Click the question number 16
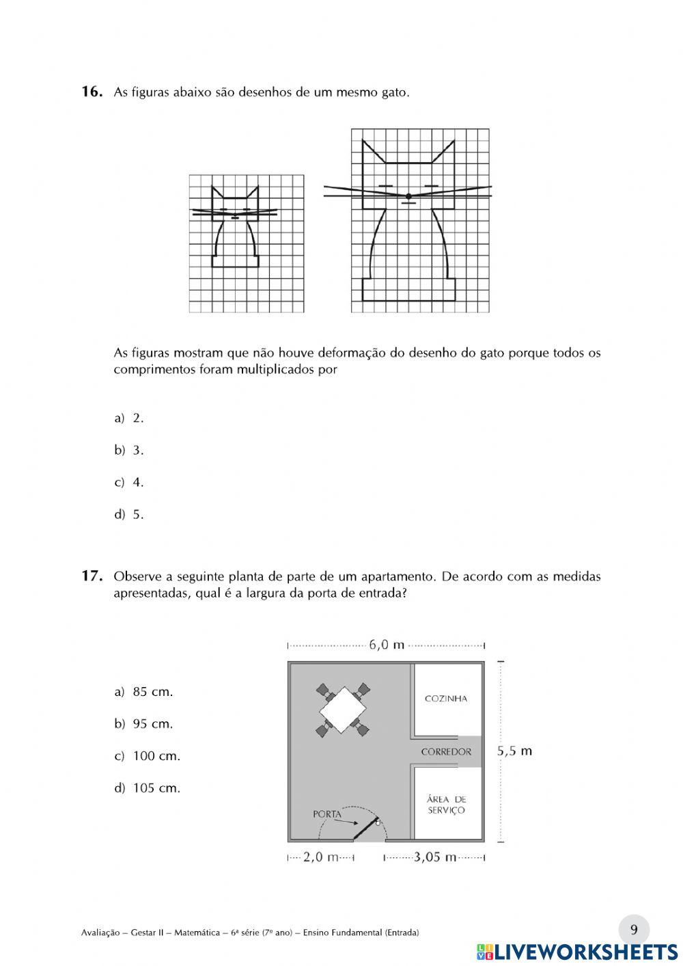92,92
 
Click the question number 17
92,576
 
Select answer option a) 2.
129,418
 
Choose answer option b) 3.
129,451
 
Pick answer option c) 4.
129,483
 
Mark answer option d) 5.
129,515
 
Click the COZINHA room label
446,699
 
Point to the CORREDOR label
446,752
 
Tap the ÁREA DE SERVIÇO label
446,805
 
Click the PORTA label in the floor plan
327,814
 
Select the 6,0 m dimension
387,645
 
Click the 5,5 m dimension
514,751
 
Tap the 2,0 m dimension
321,857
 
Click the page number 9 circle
634,930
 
